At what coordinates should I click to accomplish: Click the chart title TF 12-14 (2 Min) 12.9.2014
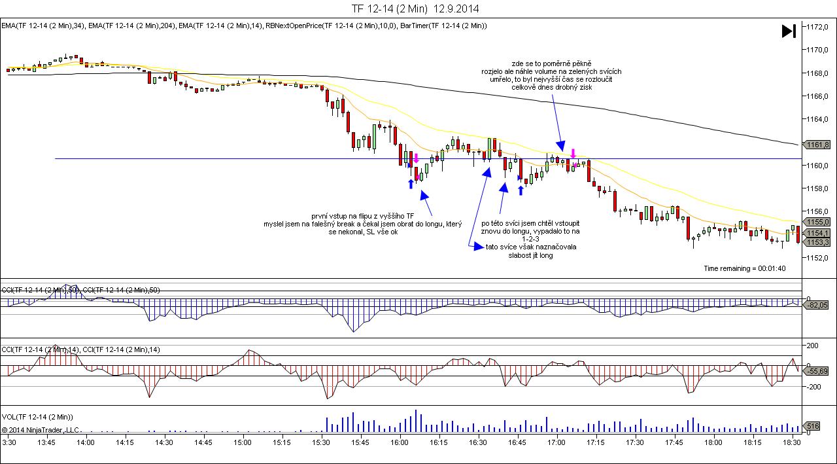coord(415,9)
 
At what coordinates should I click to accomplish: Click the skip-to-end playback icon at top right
coord(789,31)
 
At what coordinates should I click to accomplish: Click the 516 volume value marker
coord(812,426)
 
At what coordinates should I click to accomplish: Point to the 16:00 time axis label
coord(400,442)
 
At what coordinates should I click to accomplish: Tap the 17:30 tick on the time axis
coord(634,442)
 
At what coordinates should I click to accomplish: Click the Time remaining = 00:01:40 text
coord(744,268)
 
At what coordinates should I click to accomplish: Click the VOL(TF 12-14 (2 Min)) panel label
coord(37,416)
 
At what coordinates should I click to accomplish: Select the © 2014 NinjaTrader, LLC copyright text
coord(41,430)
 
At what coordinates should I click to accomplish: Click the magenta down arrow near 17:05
coord(573,154)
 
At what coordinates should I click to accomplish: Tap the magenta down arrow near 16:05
coord(416,158)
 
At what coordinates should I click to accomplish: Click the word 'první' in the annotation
coord(322,215)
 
